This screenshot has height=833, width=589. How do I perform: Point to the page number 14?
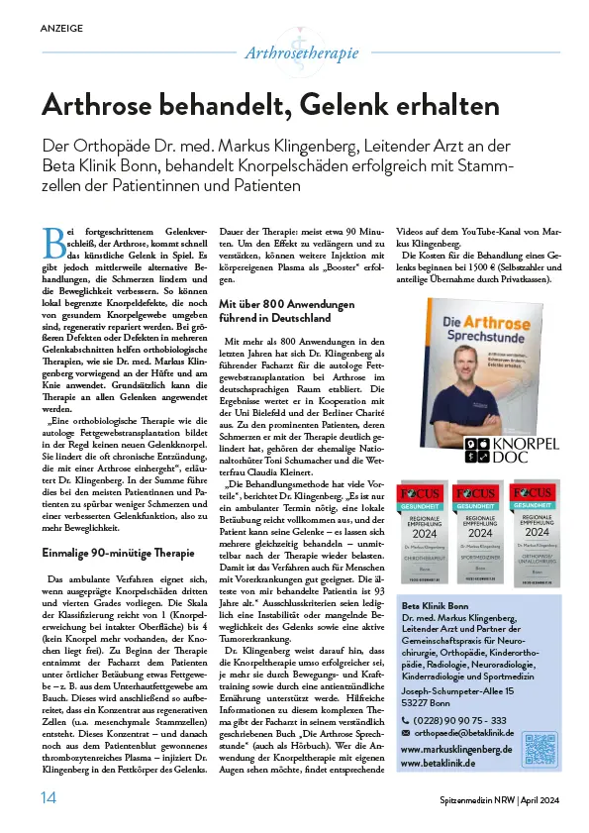(x=49, y=798)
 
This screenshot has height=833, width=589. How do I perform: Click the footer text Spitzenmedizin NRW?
(x=479, y=799)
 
